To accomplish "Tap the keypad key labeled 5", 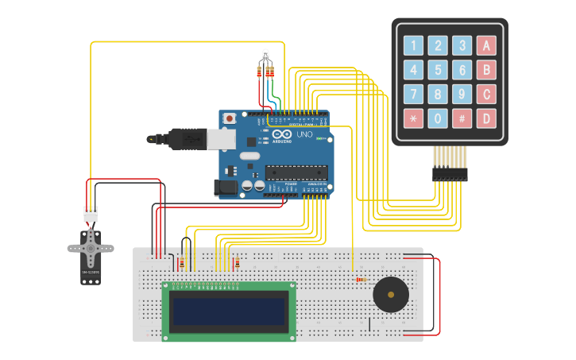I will tap(438, 70).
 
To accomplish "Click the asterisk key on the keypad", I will tap(413, 119).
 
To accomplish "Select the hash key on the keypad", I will tap(462, 119).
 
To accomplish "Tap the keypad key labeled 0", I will tap(438, 119).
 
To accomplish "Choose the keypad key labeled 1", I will tap(413, 45).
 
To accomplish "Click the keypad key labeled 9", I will tap(462, 95).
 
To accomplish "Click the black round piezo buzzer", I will tap(391, 295).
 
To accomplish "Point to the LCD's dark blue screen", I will tap(229, 310).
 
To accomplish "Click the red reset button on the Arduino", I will tap(230, 118).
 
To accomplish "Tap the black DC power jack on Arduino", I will tap(224, 188).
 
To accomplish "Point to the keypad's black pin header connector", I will tap(450, 174).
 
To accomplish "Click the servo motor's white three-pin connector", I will tap(91, 215).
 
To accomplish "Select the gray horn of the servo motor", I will tap(90, 248).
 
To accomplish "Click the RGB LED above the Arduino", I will tap(265, 56).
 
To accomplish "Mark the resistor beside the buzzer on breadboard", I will tap(361, 279).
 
